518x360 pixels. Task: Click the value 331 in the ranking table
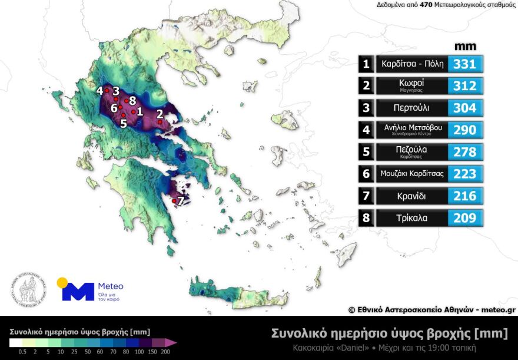click(x=465, y=64)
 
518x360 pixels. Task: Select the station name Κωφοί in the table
click(x=411, y=84)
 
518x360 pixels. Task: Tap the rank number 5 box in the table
click(x=366, y=152)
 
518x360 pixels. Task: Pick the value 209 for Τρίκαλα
click(x=465, y=218)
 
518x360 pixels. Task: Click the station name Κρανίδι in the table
click(x=411, y=196)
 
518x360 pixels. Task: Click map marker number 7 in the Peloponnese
click(x=181, y=201)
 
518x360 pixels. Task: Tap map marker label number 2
click(x=160, y=113)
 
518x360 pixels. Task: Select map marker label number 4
click(x=100, y=91)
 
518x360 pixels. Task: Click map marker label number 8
click(x=133, y=101)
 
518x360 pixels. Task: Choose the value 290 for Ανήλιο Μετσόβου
click(x=465, y=130)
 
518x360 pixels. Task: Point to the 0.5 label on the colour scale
click(x=22, y=352)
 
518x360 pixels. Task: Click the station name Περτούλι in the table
click(x=411, y=108)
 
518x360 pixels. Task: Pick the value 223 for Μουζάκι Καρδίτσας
click(x=465, y=174)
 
